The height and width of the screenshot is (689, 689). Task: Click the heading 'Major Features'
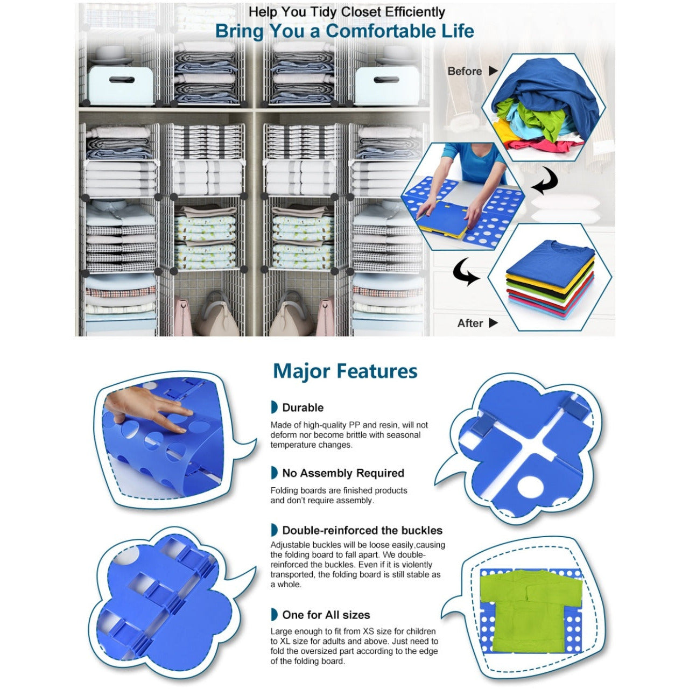345,371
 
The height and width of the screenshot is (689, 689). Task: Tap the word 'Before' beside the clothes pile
465,71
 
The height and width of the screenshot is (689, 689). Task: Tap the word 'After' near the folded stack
470,323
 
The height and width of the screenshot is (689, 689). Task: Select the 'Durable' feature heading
303,407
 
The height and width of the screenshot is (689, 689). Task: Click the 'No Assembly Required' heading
343,473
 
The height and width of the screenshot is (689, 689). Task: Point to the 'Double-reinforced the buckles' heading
362,530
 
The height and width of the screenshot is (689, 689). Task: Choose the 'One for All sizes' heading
326,615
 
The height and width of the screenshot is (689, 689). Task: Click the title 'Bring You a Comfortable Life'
344,31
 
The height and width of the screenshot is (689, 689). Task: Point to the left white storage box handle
122,80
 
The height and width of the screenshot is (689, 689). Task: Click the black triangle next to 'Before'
493,71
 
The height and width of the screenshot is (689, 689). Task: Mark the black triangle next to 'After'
493,323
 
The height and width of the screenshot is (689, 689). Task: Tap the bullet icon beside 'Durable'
274,407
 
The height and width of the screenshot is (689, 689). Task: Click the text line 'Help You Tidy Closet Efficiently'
347,12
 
